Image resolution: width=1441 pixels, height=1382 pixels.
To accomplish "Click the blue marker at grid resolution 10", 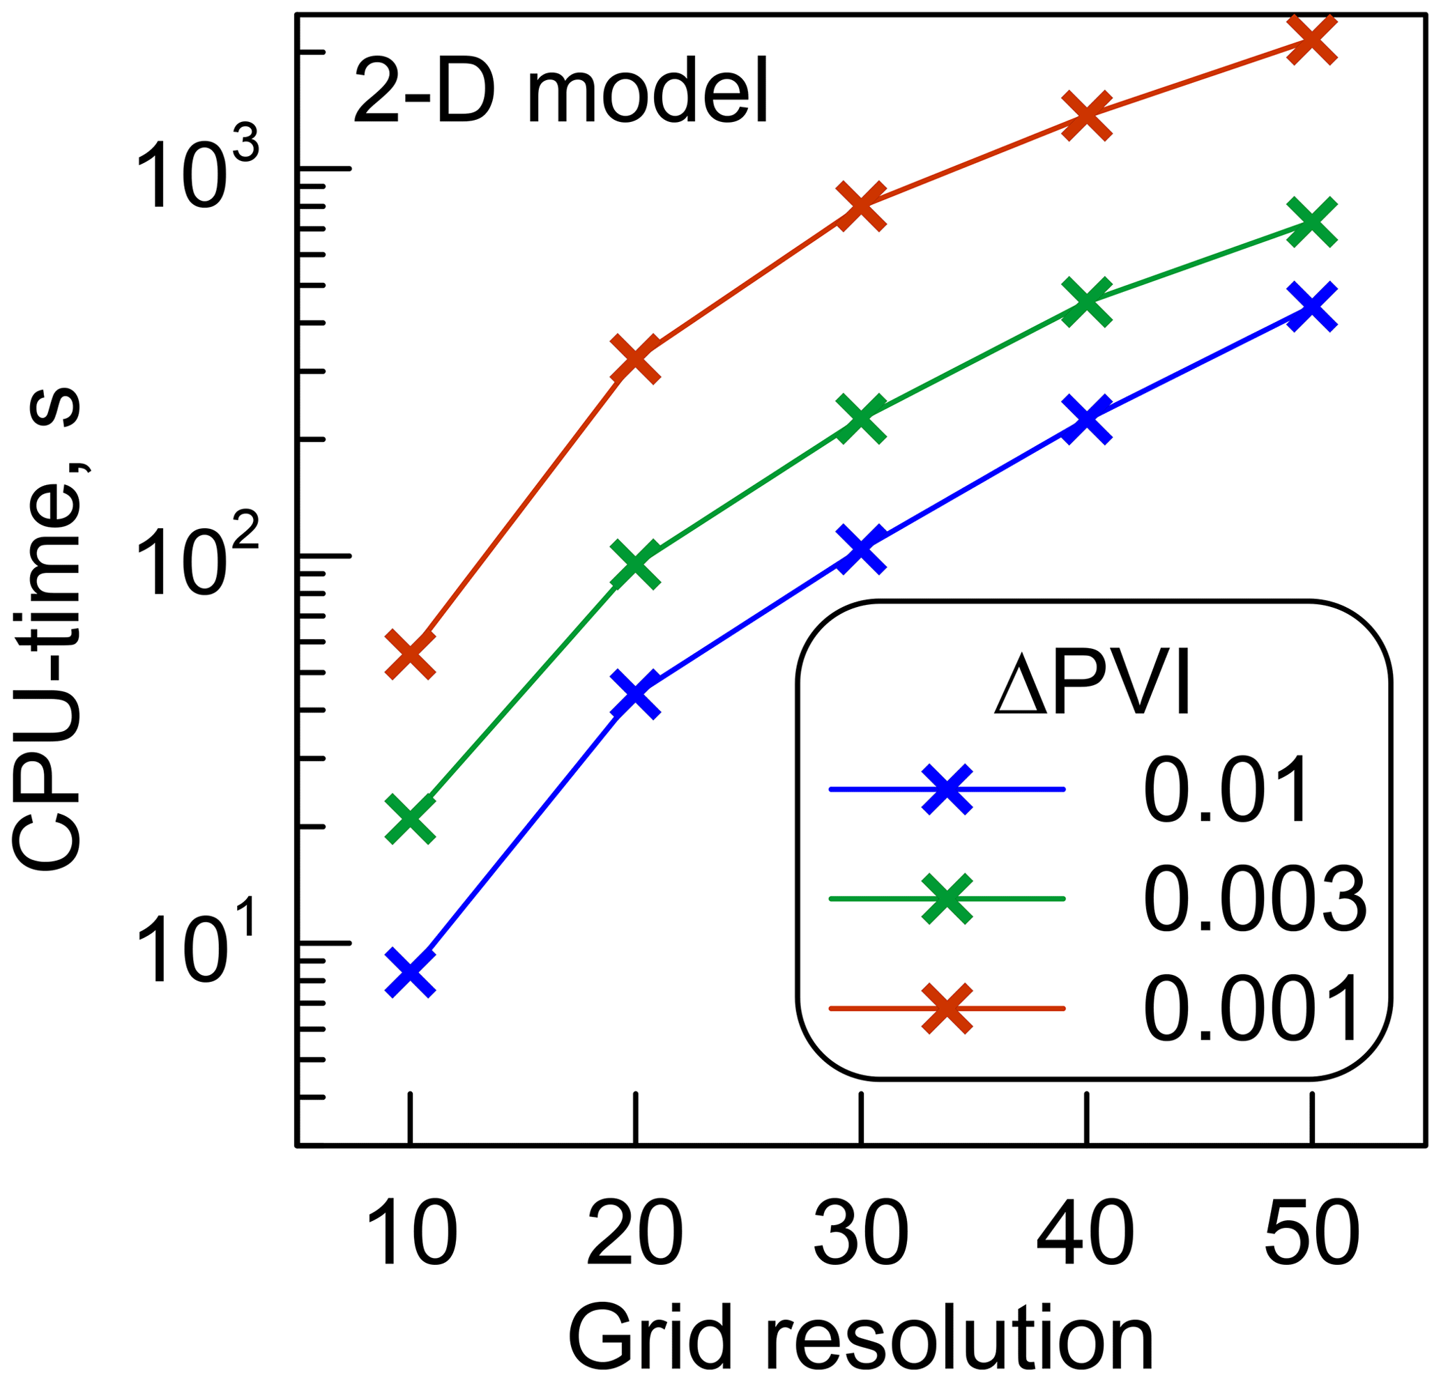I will [x=410, y=972].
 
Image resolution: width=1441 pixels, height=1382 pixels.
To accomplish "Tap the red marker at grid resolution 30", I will [x=861, y=206].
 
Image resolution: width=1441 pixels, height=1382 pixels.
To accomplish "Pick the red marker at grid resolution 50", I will [x=1311, y=41].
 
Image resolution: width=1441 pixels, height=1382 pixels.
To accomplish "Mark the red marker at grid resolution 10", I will [x=410, y=654].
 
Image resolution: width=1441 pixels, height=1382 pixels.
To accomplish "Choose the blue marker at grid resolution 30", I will [x=861, y=548].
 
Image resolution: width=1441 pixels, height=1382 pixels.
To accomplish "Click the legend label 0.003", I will [x=1253, y=898].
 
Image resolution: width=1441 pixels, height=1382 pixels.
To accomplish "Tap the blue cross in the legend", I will [x=947, y=790].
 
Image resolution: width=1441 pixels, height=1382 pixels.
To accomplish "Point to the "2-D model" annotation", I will [x=561, y=93].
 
